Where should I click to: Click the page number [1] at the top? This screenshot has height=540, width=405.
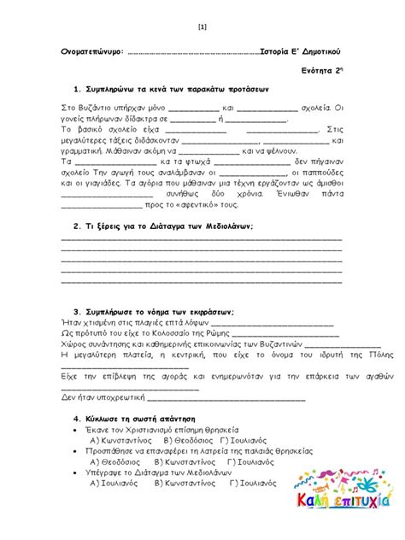(x=202, y=26)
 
